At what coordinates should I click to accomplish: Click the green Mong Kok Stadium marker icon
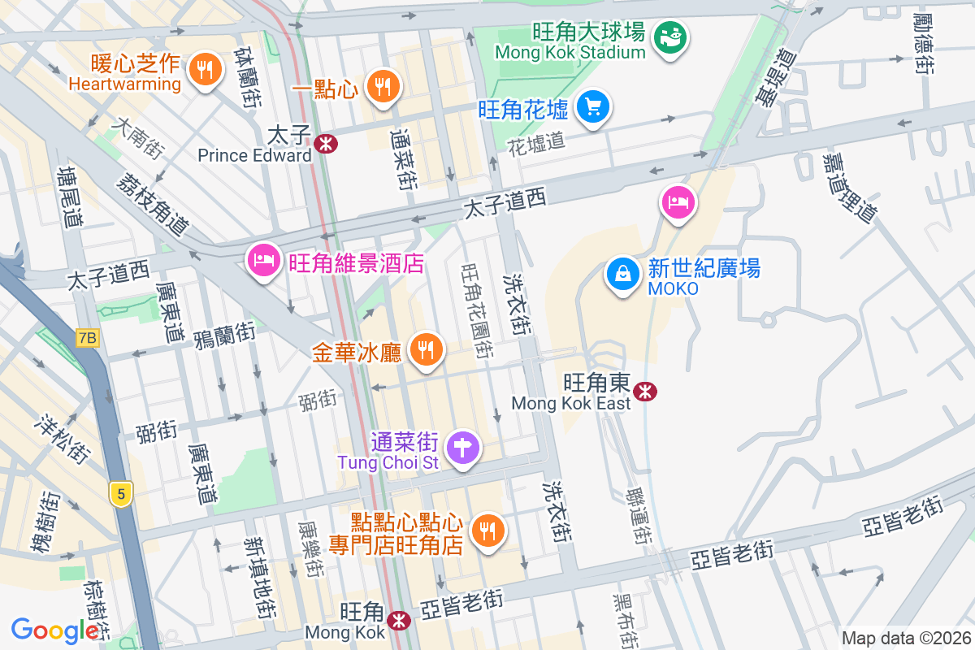[x=672, y=37]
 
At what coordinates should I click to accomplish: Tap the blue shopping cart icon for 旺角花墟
[x=593, y=106]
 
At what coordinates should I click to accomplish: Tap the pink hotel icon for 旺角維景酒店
[x=262, y=261]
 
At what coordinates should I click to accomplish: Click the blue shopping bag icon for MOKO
[x=622, y=274]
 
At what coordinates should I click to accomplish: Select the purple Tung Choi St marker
[x=463, y=447]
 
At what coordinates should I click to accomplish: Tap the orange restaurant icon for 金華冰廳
[x=424, y=350]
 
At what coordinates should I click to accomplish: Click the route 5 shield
[x=121, y=493]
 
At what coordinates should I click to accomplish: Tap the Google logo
[x=55, y=630]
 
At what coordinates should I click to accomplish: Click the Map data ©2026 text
[x=906, y=639]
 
